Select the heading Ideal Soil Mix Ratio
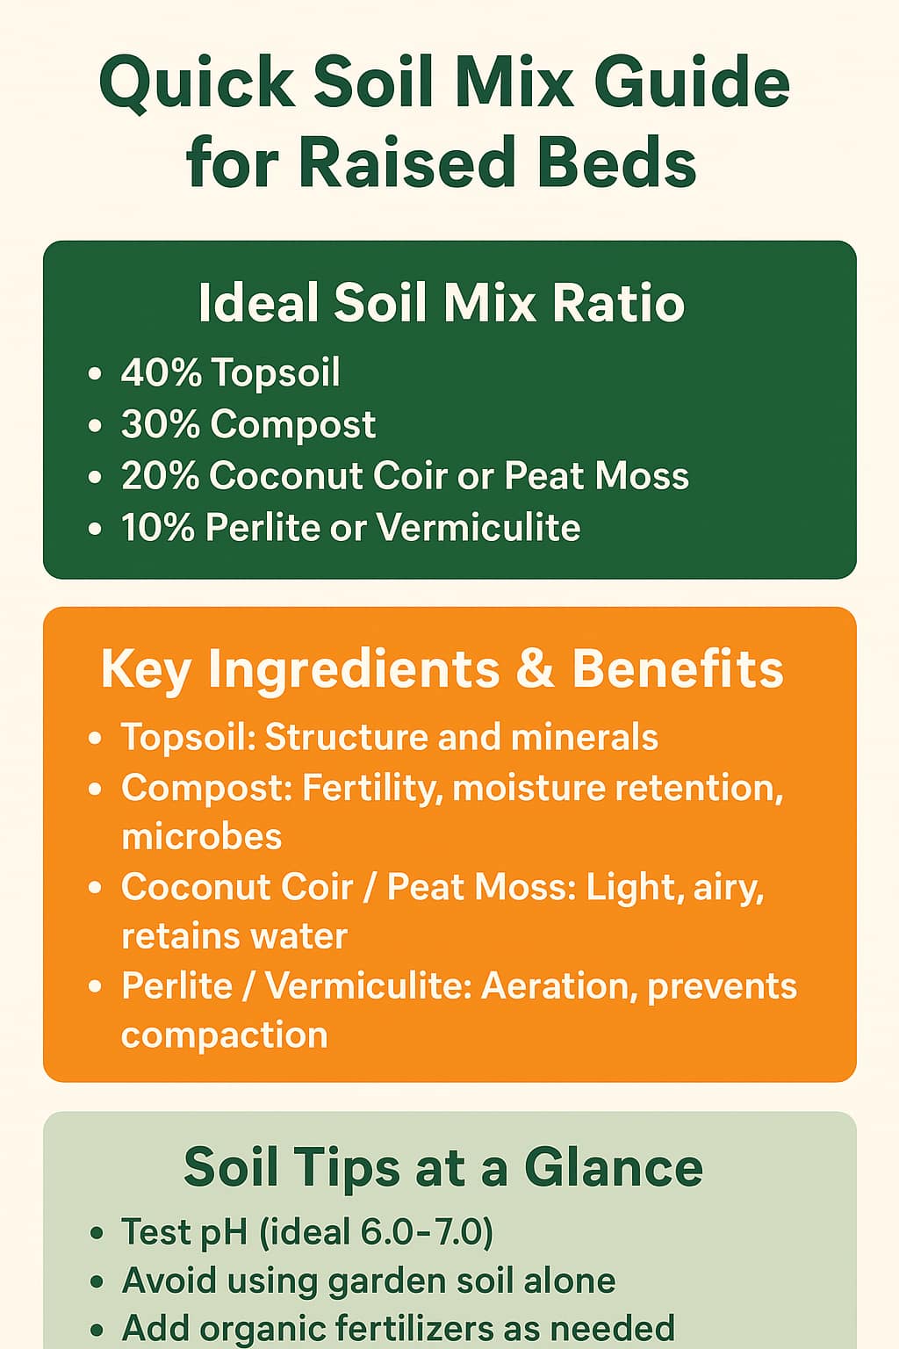click(x=442, y=302)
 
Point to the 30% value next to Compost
click(x=160, y=423)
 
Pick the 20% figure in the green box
click(x=160, y=475)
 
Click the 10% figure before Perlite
click(x=158, y=527)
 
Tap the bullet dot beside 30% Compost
click(x=95, y=425)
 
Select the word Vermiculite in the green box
click(x=478, y=527)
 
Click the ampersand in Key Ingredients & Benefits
click(x=536, y=668)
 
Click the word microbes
click(x=202, y=836)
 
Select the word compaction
click(x=225, y=1035)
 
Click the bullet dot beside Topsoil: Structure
click(x=95, y=739)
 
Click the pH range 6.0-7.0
click(x=427, y=1231)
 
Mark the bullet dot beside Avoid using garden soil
click(x=96, y=1281)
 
